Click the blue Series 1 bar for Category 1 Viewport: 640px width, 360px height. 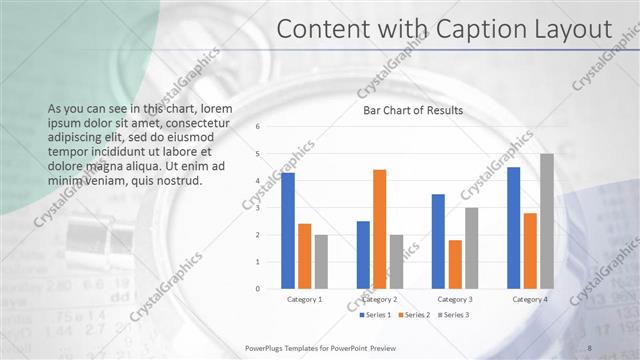(x=288, y=231)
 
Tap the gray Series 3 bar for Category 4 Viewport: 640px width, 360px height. (x=547, y=221)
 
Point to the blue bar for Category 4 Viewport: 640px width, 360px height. (x=514, y=228)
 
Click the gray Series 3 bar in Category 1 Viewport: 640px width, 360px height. (x=321, y=262)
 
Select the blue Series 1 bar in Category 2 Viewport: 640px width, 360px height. (x=363, y=255)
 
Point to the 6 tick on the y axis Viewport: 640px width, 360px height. (x=257, y=127)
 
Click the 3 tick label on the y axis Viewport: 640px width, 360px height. (x=257, y=208)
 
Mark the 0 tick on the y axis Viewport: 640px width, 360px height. (x=257, y=289)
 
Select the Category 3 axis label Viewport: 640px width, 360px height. (x=455, y=299)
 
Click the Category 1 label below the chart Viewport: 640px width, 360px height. (x=304, y=299)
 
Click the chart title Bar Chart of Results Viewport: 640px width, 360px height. (x=412, y=110)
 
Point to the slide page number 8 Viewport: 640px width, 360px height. (x=589, y=346)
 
